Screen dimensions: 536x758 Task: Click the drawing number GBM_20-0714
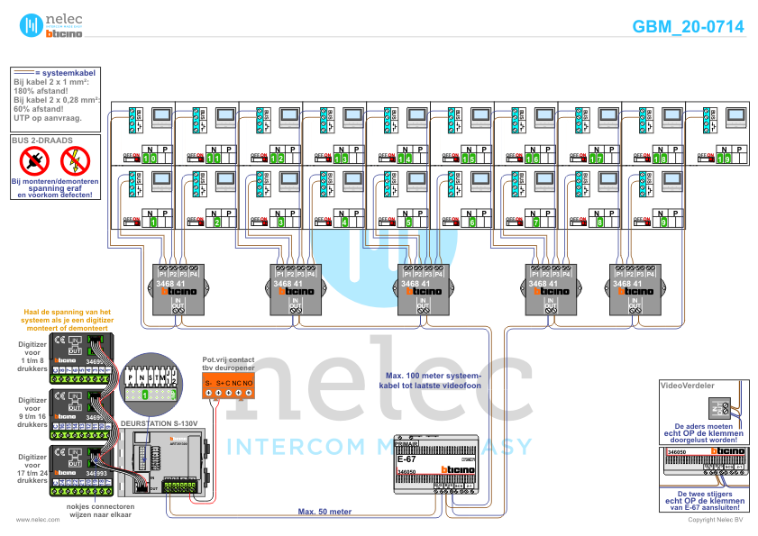pyautogui.click(x=688, y=27)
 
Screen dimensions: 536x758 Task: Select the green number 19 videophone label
pyautogui.click(x=724, y=159)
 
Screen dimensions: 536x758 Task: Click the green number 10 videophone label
pyautogui.click(x=151, y=159)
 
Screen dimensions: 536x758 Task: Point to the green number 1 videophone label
pyautogui.click(x=152, y=222)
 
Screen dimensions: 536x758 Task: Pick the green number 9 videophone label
pyautogui.click(x=663, y=222)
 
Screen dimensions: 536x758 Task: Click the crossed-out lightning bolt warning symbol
pyautogui.click(x=75, y=162)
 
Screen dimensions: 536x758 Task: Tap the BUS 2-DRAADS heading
pyautogui.click(x=41, y=141)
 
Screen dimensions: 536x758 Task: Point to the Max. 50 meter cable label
pyautogui.click(x=324, y=511)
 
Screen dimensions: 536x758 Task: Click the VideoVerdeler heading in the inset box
pyautogui.click(x=688, y=385)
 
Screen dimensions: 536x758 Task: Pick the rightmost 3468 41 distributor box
pyautogui.click(x=634, y=288)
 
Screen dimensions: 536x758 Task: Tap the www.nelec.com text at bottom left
pyautogui.click(x=32, y=520)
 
